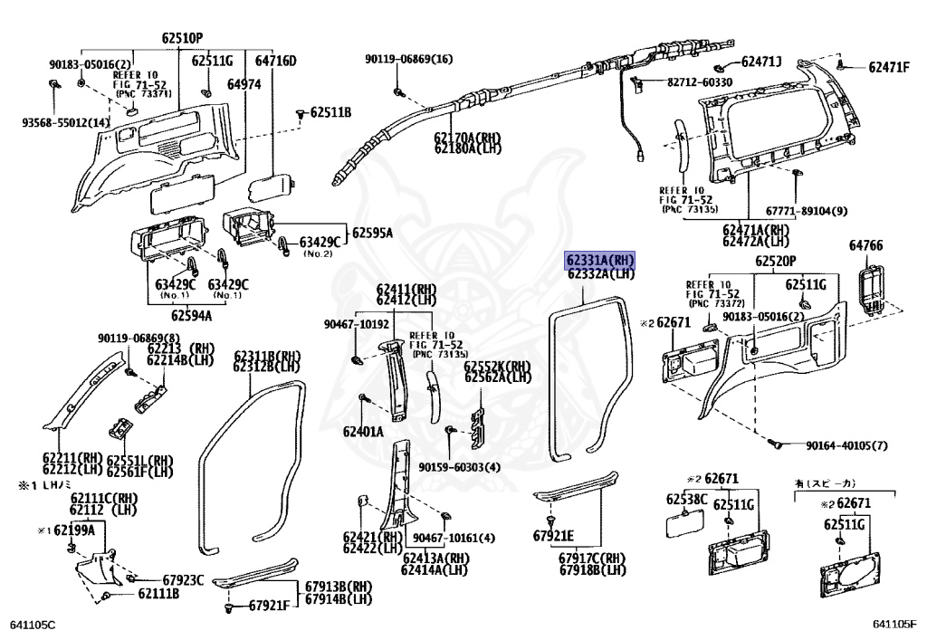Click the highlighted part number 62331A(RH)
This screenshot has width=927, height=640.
point(600,261)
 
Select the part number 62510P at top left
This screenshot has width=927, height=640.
point(182,38)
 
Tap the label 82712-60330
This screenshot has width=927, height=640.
point(700,82)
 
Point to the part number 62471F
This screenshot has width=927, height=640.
point(889,67)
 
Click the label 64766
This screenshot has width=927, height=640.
point(865,245)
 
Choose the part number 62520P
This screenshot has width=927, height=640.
point(776,262)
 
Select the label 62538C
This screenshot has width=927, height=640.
point(687,499)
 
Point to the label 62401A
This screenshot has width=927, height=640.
point(362,432)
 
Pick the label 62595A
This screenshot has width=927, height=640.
point(373,233)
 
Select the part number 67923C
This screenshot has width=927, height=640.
point(183,579)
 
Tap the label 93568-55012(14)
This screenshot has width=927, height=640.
point(66,122)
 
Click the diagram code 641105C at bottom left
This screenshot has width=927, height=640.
point(33,624)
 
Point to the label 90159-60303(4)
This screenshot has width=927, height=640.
point(459,467)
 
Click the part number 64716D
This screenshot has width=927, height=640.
point(275,61)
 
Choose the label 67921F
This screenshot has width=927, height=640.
point(269,605)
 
